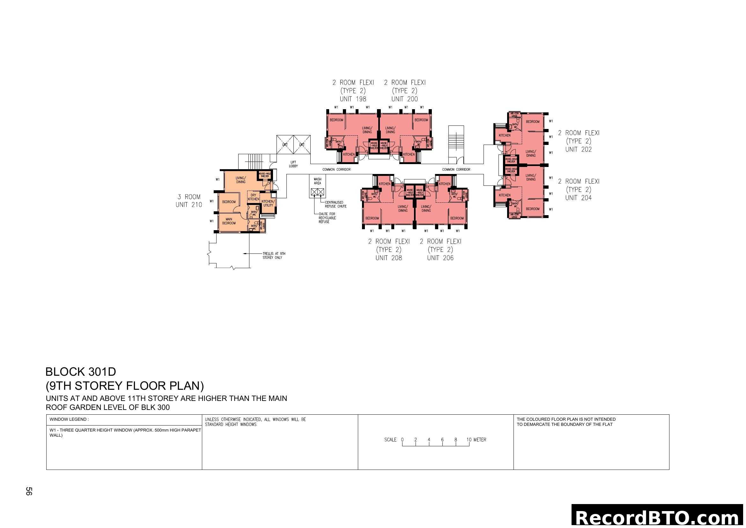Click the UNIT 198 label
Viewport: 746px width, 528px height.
tap(353, 99)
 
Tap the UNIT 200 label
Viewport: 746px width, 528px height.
tap(404, 99)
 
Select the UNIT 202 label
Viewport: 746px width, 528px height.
tap(578, 149)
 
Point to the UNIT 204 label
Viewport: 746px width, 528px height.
tap(578, 198)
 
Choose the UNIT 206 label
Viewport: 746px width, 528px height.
tap(440, 258)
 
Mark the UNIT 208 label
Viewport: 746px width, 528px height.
tap(388, 258)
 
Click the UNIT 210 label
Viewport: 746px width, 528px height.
tap(189, 205)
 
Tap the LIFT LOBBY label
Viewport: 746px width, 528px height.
tap(293, 164)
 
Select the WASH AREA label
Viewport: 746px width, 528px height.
tap(317, 181)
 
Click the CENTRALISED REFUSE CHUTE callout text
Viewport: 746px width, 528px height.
tap(336, 204)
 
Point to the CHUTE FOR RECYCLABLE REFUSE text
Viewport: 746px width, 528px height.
tap(327, 218)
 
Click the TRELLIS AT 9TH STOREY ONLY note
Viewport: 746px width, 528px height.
tap(274, 256)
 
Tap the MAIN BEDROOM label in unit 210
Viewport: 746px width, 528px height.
tap(229, 221)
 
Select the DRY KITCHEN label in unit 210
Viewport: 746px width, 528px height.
tap(254, 197)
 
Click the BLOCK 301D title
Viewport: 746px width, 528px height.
tap(81, 372)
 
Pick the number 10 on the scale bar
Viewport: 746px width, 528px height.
tap(469, 440)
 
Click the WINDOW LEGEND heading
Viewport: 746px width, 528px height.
tap(69, 419)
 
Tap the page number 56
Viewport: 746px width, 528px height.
tap(29, 491)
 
